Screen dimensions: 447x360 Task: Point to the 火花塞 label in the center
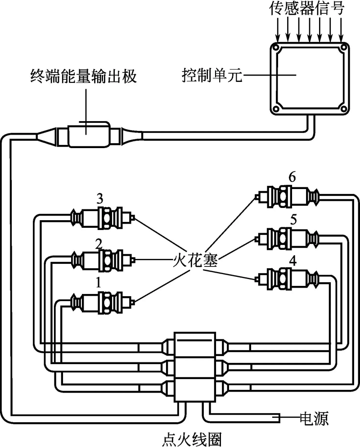pos(191,261)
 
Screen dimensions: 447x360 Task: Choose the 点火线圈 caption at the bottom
pos(192,438)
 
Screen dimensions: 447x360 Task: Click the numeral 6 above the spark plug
pos(292,177)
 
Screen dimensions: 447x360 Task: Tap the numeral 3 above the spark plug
pos(100,199)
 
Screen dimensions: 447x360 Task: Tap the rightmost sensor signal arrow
pos(343,30)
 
